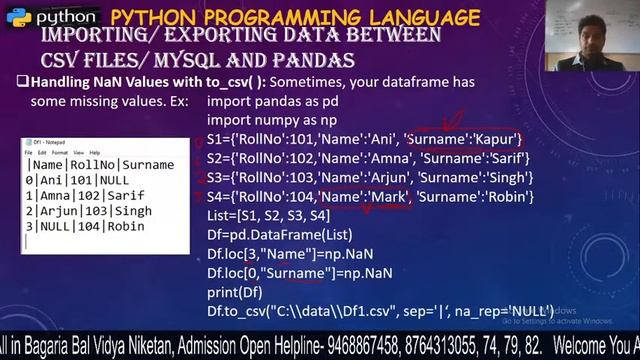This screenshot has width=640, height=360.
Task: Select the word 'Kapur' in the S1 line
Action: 497,139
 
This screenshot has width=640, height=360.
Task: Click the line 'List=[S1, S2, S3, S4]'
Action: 268,215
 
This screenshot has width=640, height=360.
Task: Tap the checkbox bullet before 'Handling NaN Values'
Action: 22,82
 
